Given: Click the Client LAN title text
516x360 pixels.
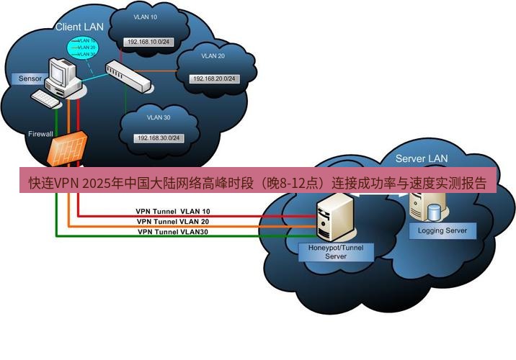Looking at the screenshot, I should click(80, 27).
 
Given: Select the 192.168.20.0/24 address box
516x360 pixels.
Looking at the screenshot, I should click(213, 78).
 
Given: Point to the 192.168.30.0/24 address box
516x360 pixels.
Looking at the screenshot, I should click(158, 138).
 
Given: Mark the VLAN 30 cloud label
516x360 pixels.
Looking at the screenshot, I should click(158, 117).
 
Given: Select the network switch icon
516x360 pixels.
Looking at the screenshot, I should click(129, 76).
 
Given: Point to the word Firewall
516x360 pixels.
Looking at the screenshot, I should click(40, 135).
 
